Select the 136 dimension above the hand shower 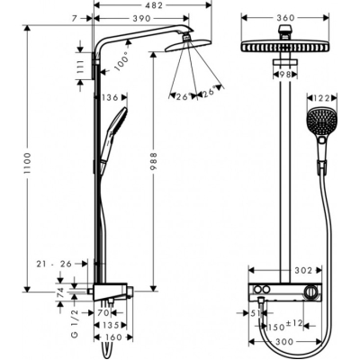pyautogui.click(x=111, y=98)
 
